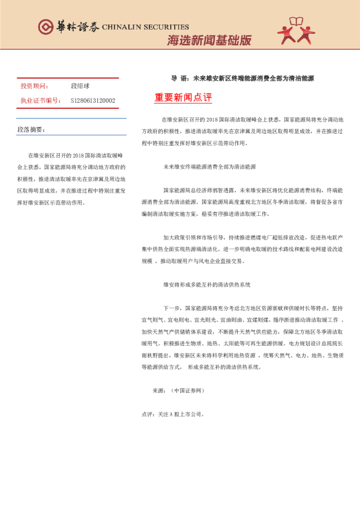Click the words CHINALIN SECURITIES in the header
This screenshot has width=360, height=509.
click(x=145, y=27)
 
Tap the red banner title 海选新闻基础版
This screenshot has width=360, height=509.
click(x=209, y=41)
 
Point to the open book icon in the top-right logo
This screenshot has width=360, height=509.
click(x=296, y=22)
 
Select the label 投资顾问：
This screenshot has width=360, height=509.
click(x=34, y=86)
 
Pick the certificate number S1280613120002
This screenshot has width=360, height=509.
click(x=93, y=100)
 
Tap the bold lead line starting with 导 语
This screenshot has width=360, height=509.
click(x=242, y=79)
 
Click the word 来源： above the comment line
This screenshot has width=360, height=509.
click(x=159, y=391)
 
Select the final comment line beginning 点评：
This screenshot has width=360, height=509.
click(x=173, y=415)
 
